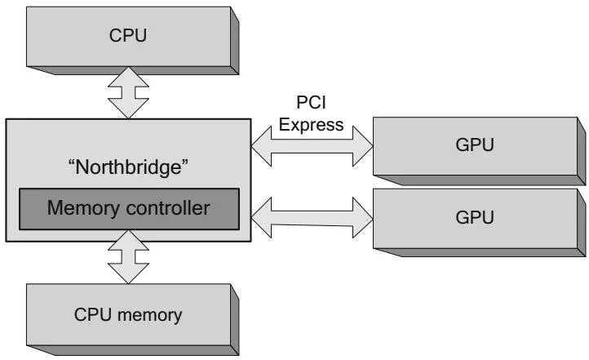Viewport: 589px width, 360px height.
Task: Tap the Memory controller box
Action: (128, 207)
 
